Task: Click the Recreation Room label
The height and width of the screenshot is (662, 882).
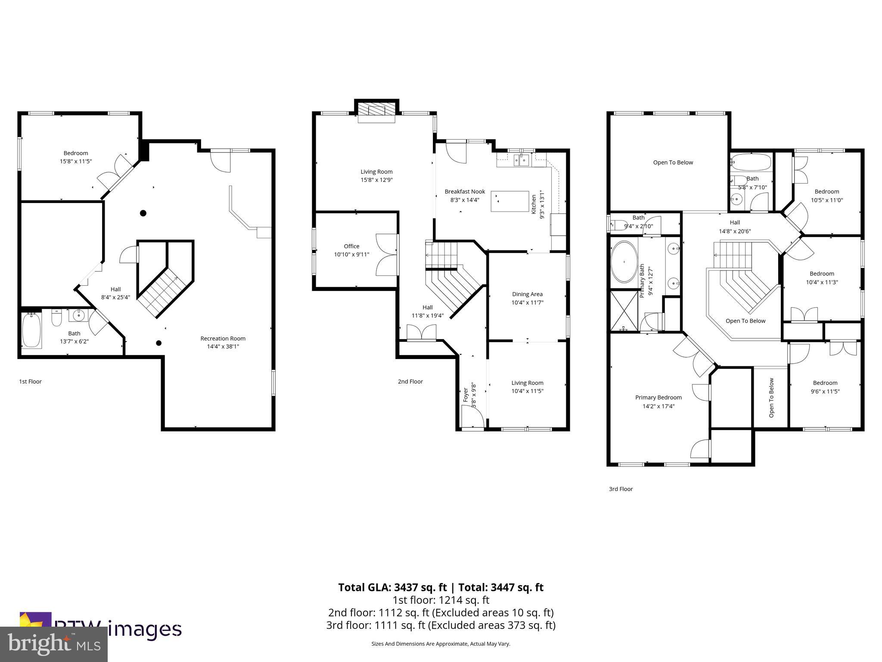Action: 223,338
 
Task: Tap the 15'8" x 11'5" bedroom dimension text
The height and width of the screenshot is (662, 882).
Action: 76,162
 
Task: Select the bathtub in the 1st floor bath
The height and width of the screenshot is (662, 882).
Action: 31,330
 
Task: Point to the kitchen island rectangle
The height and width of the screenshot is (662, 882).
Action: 510,201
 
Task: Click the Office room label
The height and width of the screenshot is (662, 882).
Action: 351,247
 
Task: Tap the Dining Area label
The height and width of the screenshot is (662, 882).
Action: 527,294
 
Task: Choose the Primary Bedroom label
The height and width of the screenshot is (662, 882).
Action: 658,397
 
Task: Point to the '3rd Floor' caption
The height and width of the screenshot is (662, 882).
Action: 621,489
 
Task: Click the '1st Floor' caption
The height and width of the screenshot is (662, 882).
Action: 30,381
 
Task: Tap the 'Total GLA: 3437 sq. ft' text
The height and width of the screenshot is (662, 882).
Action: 393,587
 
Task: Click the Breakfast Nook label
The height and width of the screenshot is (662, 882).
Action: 465,191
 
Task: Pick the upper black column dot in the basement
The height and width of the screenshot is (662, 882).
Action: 143,213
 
